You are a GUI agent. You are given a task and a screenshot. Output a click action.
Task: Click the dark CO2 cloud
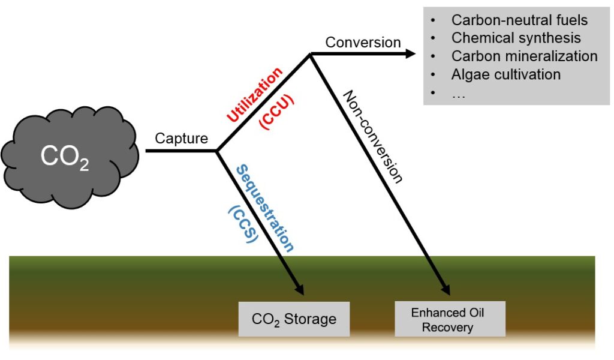click(x=70, y=157)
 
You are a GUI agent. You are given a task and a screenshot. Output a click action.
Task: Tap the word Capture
click(x=181, y=138)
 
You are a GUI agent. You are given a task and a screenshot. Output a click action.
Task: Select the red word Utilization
click(x=254, y=94)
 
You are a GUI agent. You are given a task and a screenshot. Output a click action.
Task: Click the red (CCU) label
click(x=276, y=112)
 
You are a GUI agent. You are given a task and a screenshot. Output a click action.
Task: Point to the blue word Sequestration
click(x=265, y=208)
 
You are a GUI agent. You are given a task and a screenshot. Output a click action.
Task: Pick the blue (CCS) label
click(x=243, y=224)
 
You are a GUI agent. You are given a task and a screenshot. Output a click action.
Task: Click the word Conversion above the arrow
click(x=363, y=43)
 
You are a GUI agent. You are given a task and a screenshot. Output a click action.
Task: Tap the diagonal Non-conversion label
click(x=373, y=137)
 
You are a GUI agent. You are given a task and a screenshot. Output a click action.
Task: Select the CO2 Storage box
click(x=294, y=319)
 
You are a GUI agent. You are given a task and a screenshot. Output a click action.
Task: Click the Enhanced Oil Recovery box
click(x=450, y=319)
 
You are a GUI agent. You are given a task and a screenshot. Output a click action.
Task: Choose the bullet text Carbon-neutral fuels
click(x=519, y=20)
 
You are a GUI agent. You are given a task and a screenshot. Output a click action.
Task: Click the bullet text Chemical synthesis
click(x=516, y=38)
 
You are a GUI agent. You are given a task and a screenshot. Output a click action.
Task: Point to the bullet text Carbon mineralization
click(x=524, y=56)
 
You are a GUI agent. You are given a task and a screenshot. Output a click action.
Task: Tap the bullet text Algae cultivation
click(x=506, y=74)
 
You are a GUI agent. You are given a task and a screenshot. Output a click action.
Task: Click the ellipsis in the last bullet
click(x=458, y=95)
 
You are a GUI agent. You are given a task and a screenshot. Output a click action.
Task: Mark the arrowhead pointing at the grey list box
click(x=410, y=53)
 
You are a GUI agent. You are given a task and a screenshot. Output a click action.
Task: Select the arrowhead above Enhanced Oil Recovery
click(x=445, y=289)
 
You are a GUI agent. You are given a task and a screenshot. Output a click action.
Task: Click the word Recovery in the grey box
click(x=447, y=327)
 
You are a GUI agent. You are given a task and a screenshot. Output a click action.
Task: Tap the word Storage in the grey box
click(x=310, y=319)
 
